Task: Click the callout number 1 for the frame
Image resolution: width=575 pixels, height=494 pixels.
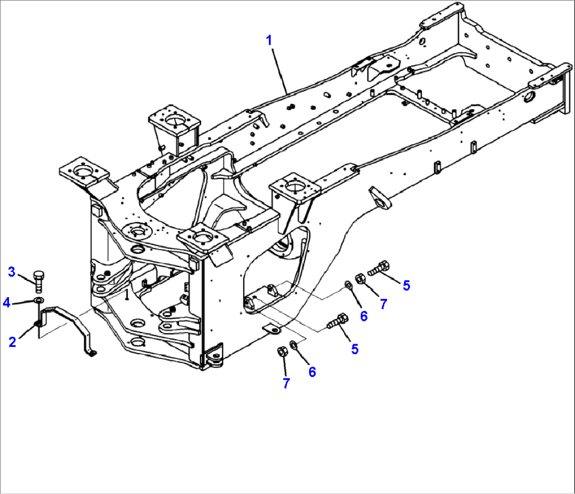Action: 270,40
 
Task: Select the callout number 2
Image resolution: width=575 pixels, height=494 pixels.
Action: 12,341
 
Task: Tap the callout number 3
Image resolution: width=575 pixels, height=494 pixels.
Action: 12,272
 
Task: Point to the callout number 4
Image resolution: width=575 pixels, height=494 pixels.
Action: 6,302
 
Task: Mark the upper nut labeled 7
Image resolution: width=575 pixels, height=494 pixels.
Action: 360,278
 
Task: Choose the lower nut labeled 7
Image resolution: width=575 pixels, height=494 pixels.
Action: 282,351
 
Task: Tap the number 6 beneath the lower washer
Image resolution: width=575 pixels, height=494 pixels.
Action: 312,372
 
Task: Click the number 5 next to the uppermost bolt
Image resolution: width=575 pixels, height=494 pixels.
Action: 406,286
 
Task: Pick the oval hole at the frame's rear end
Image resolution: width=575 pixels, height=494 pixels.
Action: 529,98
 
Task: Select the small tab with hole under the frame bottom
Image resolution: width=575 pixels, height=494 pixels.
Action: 272,329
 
